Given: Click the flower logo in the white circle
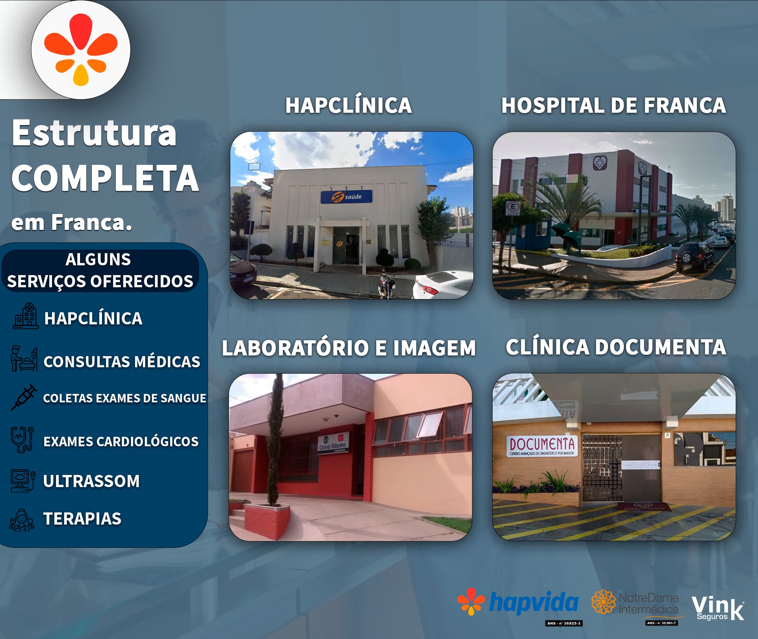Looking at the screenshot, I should pyautogui.click(x=81, y=50).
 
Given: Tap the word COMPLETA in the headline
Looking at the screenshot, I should pyautogui.click(x=105, y=178).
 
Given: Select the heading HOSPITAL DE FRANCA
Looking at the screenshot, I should pyautogui.click(x=613, y=105).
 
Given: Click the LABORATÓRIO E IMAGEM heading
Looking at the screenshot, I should pyautogui.click(x=348, y=348).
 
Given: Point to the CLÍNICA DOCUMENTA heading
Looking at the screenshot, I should pyautogui.click(x=616, y=347).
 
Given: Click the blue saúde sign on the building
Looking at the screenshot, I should pyautogui.click(x=346, y=197).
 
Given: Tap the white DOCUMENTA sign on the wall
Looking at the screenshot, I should pyautogui.click(x=542, y=446).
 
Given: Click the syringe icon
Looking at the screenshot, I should pyautogui.click(x=24, y=397).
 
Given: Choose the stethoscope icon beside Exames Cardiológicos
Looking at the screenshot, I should pyautogui.click(x=22, y=440).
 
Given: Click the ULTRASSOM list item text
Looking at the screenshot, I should pyautogui.click(x=91, y=481).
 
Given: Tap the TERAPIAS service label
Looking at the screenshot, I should pyautogui.click(x=82, y=518).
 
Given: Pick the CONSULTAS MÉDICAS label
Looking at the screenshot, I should pyautogui.click(x=122, y=362).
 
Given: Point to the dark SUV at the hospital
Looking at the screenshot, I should pyautogui.click(x=695, y=257).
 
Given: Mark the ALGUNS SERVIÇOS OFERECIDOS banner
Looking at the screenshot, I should pyautogui.click(x=100, y=270).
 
